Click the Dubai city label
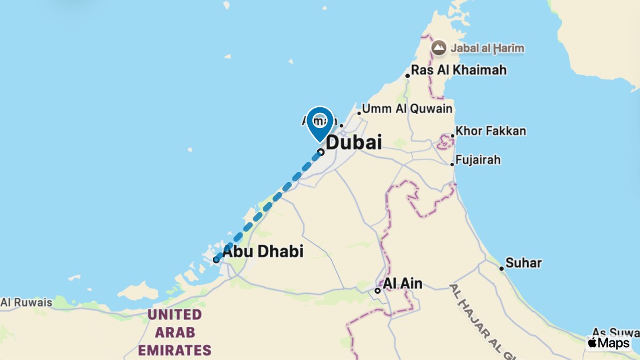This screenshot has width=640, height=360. (x=354, y=142)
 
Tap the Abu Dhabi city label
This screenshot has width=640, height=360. (x=263, y=251)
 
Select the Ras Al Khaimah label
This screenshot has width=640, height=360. (x=459, y=70)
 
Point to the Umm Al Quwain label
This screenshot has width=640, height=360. (x=407, y=108)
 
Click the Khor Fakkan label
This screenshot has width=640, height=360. (x=491, y=131)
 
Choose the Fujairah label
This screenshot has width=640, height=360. (x=478, y=160)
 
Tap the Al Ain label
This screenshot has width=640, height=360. (x=403, y=283)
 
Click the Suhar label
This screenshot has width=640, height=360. (x=523, y=262)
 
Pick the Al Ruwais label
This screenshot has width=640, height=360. (x=26, y=302)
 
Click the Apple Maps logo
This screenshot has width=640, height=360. (x=609, y=343)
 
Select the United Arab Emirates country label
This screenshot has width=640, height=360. (x=175, y=331)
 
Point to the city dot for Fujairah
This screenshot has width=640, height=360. (x=452, y=164)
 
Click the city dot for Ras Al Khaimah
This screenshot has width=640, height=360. (x=408, y=76)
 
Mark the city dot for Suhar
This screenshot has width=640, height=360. (x=501, y=268)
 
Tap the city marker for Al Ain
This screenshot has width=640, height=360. (x=378, y=290)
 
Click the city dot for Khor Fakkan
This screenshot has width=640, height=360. (x=452, y=136)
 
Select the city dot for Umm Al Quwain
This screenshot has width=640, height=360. (x=359, y=113)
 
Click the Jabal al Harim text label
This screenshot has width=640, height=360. (x=487, y=48)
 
